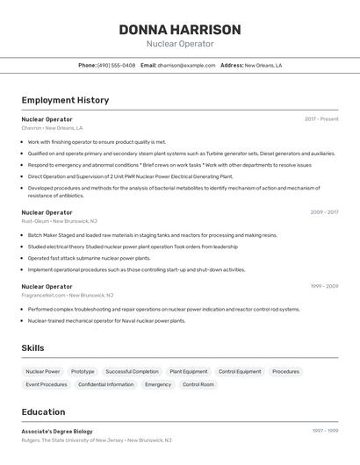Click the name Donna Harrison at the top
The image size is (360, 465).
click(x=180, y=30)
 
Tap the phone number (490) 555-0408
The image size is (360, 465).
click(x=116, y=65)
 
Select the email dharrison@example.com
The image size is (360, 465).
click(x=186, y=65)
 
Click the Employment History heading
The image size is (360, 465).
click(x=65, y=100)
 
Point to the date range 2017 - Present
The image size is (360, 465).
click(x=321, y=119)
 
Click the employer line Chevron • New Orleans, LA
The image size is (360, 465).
click(x=52, y=128)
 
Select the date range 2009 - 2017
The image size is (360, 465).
click(x=324, y=212)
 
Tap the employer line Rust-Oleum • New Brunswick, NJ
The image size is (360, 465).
click(x=60, y=221)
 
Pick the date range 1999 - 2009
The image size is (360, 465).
click(x=324, y=286)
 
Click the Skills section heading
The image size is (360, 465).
click(x=32, y=348)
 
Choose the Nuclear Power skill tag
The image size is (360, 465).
click(x=43, y=371)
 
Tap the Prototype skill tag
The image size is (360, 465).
click(x=83, y=371)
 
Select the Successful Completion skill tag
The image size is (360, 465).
click(x=132, y=371)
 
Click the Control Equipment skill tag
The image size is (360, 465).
click(x=240, y=371)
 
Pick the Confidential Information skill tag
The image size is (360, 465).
click(x=105, y=384)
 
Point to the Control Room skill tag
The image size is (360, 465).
click(x=198, y=384)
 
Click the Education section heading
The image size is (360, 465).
click(x=43, y=411)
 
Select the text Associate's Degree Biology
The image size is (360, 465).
click(x=57, y=431)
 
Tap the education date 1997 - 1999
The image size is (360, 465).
click(x=325, y=431)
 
